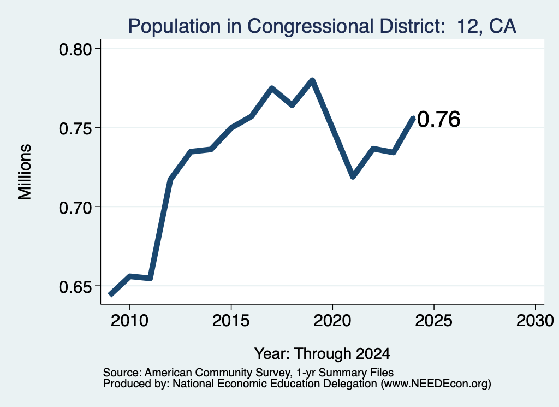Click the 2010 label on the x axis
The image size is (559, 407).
[129, 321]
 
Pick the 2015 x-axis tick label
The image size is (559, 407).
[231, 321]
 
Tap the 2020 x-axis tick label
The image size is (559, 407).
[332, 321]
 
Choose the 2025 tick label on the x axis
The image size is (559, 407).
[434, 321]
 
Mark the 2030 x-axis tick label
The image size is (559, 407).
[535, 321]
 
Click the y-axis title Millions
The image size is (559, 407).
[25, 172]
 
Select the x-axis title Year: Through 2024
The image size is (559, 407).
[322, 354]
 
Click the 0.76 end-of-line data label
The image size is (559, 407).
[438, 119]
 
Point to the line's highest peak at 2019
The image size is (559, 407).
[312, 80]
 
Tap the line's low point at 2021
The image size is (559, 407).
[353, 176]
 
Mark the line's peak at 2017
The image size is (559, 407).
[272, 88]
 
